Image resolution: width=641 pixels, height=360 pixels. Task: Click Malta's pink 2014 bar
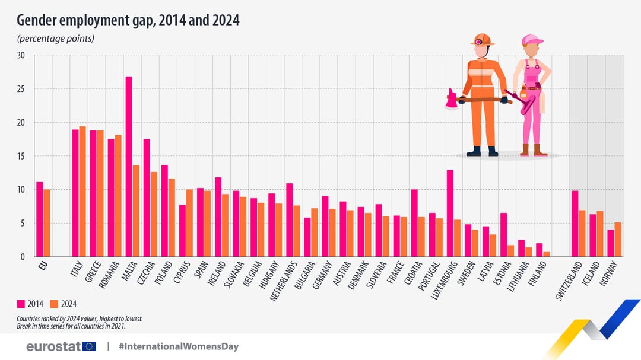tap(129, 167)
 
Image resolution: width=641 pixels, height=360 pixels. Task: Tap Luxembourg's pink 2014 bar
tap(450, 214)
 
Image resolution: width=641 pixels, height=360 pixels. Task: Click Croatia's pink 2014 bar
tap(414, 223)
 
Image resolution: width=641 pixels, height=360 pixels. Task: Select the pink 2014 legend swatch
tap(21, 304)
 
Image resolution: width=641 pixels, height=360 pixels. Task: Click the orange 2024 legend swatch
tap(55, 304)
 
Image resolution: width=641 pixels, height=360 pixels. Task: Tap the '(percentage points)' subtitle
tap(55, 39)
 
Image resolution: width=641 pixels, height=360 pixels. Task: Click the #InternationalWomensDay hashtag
tap(178, 346)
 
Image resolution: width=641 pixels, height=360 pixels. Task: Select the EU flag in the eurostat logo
tap(90, 346)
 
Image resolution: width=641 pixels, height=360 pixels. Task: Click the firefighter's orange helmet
tap(483, 40)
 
